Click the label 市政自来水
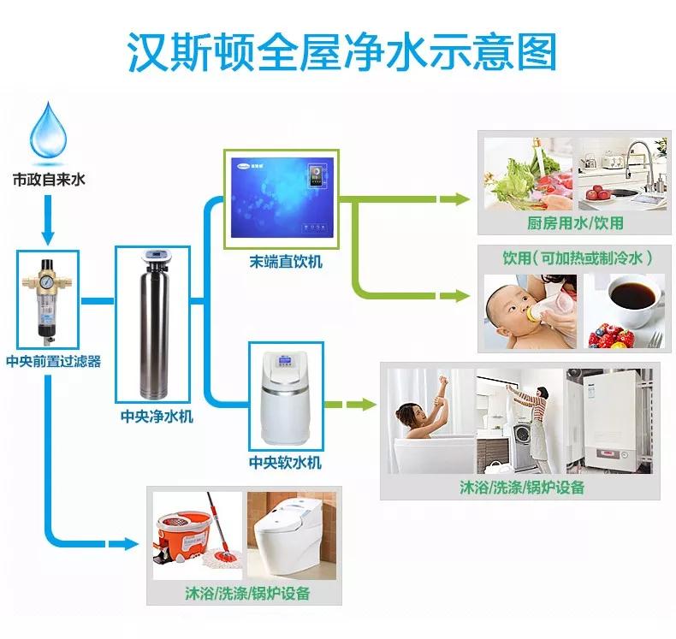point(50,181)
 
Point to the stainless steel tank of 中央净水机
point(156,325)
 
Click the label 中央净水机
point(157,417)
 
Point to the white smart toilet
point(291,535)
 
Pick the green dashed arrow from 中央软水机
point(351,402)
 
